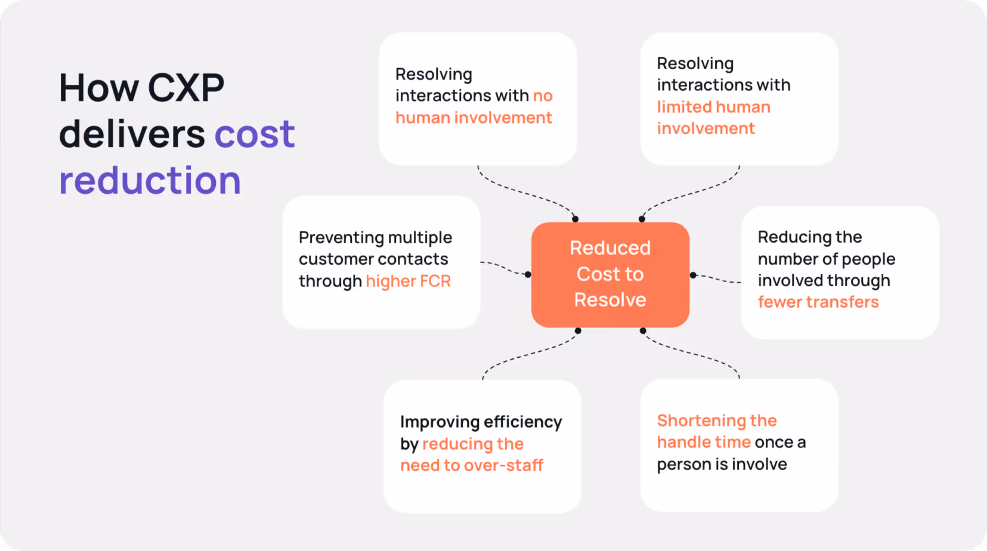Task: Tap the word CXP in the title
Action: pyautogui.click(x=185, y=88)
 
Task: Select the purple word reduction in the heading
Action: pyautogui.click(x=150, y=180)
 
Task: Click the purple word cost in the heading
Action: pyautogui.click(x=255, y=134)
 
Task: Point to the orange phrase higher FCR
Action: pyautogui.click(x=408, y=281)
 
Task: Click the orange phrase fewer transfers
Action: pyautogui.click(x=818, y=302)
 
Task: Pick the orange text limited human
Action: pyautogui.click(x=713, y=107)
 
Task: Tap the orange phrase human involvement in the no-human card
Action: pyautogui.click(x=474, y=117)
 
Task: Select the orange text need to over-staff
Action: pyautogui.click(x=471, y=465)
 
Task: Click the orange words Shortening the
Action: pyautogui.click(x=716, y=420)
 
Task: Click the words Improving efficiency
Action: pyautogui.click(x=481, y=422)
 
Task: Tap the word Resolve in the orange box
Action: pyautogui.click(x=610, y=299)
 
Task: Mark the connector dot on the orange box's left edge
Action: pyautogui.click(x=528, y=275)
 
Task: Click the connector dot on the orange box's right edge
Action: pyautogui.click(x=693, y=275)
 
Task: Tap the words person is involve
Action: pyautogui.click(x=722, y=464)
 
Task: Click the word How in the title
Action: pyautogui.click(x=99, y=88)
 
